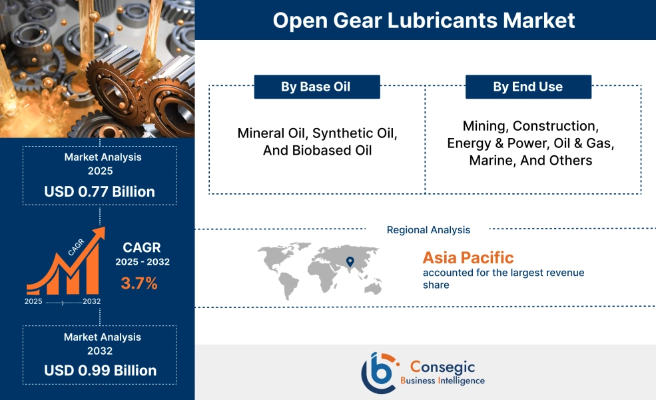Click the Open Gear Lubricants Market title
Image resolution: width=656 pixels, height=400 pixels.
(x=424, y=20)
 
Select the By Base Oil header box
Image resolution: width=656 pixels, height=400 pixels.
(x=317, y=87)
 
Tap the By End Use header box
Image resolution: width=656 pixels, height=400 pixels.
(x=528, y=87)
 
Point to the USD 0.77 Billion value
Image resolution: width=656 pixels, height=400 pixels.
(x=100, y=191)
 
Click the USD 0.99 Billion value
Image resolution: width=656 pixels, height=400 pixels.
(x=101, y=370)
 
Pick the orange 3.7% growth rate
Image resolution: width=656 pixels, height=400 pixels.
(x=139, y=283)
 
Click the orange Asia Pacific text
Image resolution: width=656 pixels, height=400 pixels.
(x=468, y=257)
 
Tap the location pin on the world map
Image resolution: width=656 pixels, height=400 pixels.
(x=350, y=262)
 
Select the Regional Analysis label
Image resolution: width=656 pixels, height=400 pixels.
(x=428, y=229)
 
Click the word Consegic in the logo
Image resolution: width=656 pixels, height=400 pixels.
(x=443, y=367)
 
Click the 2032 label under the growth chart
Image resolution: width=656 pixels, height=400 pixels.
(x=92, y=301)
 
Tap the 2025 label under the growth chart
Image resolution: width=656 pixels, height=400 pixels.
(x=33, y=301)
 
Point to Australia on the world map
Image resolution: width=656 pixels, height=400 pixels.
(x=373, y=288)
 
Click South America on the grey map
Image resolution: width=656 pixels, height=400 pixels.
(x=288, y=285)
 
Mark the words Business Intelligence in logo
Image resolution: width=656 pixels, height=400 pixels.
(x=443, y=381)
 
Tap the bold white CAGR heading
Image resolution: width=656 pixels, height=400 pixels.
(x=141, y=247)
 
